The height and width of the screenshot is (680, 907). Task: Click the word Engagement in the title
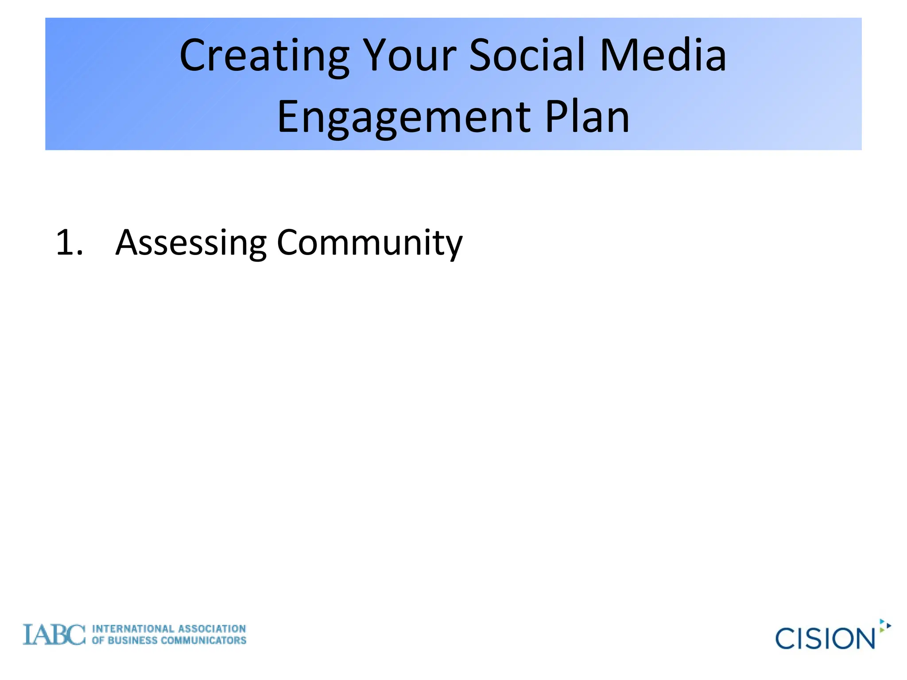coord(403,117)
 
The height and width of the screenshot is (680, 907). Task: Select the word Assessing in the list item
coord(191,243)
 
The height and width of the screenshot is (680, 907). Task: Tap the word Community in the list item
coord(369,243)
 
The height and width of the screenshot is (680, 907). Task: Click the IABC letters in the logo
coord(54,634)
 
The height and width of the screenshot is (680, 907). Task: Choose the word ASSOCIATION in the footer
coord(212,629)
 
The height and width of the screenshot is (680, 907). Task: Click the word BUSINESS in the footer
coord(132,641)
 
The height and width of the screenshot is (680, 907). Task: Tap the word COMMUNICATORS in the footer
coord(204,641)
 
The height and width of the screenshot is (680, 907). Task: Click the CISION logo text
coord(825,638)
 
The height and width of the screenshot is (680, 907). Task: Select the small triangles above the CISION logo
coord(884,626)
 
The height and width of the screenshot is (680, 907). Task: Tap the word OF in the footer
coord(98,641)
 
